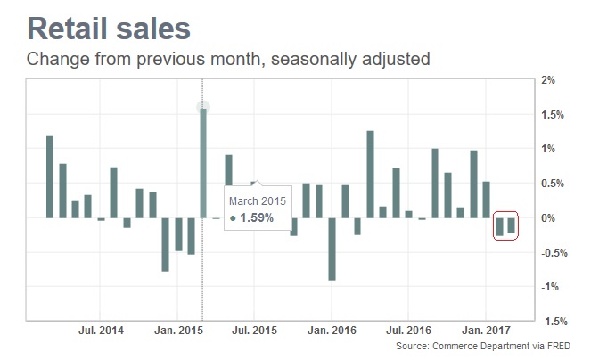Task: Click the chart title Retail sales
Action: tap(109, 29)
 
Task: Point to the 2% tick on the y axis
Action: tap(549, 80)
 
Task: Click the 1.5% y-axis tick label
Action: tap(553, 115)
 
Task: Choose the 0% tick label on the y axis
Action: tap(549, 218)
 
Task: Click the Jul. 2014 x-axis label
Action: tap(100, 331)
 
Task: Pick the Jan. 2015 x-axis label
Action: tap(177, 331)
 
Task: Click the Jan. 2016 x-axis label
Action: tap(332, 331)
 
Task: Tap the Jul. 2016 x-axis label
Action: tap(408, 331)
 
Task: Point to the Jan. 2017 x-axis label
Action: tap(486, 331)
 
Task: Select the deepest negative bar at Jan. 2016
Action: tap(332, 249)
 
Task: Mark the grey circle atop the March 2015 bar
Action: tap(203, 107)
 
